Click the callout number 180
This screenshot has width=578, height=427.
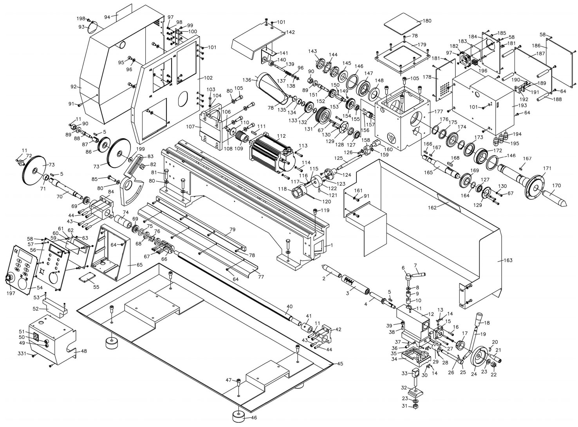pos(427,21)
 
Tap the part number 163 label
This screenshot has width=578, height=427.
pos(508,260)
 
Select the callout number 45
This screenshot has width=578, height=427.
pos(340,363)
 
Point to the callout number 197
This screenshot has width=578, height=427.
pos(11,293)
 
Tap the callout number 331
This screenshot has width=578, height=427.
pos(23,353)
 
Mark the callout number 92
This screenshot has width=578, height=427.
pos(74,87)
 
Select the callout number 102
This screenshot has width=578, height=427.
pos(208,78)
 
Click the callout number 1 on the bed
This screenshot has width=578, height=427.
pos(332,245)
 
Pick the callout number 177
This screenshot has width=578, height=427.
pos(439,111)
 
